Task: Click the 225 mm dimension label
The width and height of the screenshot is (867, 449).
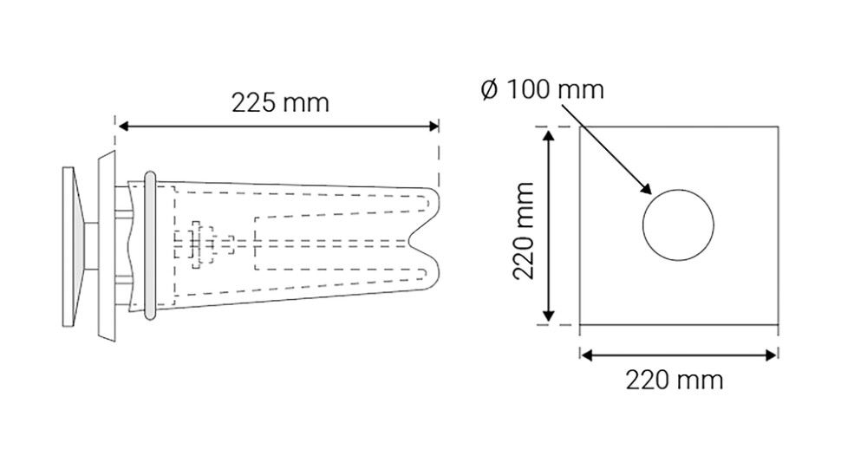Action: click(280, 102)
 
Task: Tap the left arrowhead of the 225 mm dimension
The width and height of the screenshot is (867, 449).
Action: click(122, 127)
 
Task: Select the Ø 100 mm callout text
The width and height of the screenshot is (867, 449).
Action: click(541, 89)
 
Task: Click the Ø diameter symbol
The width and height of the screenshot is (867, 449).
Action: click(487, 89)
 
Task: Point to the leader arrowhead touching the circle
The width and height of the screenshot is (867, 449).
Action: click(646, 189)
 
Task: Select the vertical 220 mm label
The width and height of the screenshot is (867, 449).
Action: click(523, 230)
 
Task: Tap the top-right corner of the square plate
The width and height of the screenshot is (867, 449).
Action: click(778, 127)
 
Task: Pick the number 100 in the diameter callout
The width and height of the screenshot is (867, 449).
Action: click(528, 89)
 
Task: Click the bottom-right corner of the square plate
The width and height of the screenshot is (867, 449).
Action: click(778, 325)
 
